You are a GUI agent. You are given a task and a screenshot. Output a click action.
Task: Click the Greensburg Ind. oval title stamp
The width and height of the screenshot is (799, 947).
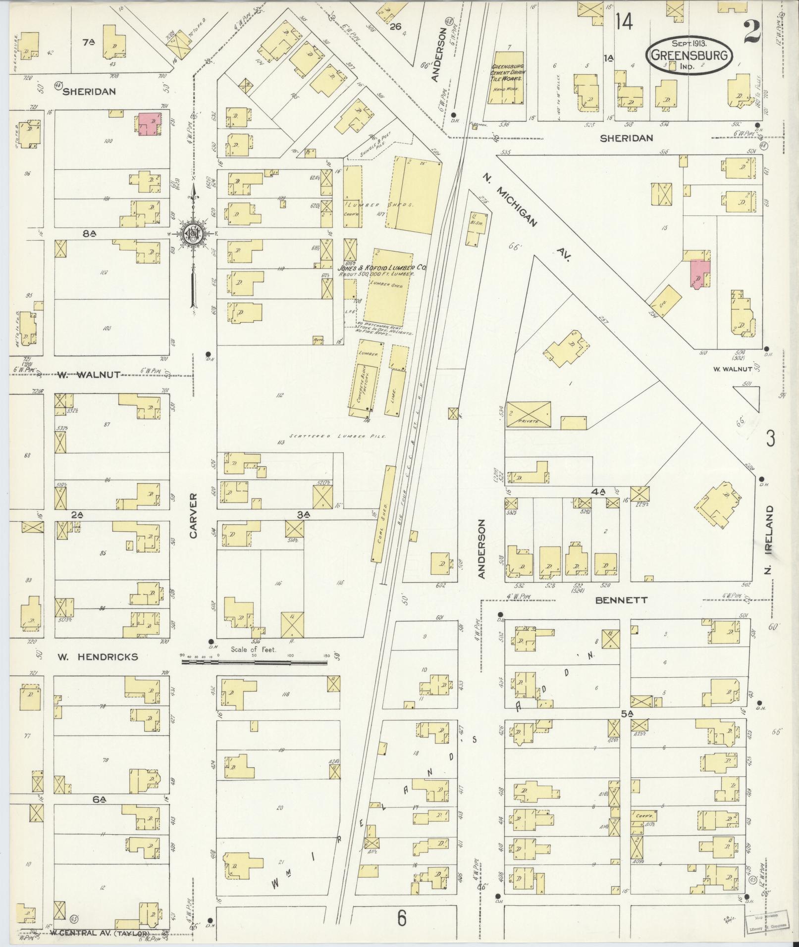(689, 54)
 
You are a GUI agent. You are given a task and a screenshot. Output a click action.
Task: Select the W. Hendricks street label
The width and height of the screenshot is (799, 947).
(98, 657)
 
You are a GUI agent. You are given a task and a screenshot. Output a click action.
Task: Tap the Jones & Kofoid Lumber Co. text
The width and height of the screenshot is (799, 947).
(382, 267)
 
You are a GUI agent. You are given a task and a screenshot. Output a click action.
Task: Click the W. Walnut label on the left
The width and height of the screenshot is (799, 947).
(89, 375)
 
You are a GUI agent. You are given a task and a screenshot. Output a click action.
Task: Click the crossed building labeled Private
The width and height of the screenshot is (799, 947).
(528, 414)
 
